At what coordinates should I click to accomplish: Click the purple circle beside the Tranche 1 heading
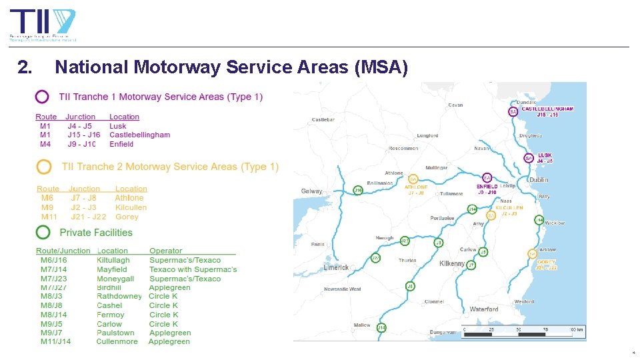42,97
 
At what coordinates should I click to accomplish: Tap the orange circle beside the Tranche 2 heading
44,166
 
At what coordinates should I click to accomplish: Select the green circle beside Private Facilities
43,232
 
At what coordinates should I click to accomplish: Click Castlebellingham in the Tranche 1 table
139,135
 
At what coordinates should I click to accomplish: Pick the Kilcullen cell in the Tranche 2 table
131,207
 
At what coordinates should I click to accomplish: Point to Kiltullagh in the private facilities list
113,260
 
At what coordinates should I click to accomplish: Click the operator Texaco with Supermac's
193,269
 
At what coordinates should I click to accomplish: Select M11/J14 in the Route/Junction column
53,341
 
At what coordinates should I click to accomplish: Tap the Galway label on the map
311,191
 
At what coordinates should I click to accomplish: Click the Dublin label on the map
538,180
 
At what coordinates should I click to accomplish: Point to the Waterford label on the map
484,309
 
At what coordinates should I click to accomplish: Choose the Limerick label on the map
336,268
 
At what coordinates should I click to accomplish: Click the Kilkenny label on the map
452,264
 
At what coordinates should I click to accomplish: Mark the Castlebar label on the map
323,120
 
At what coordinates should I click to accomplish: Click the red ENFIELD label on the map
487,187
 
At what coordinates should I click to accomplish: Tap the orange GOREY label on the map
546,263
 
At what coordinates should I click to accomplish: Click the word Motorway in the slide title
183,67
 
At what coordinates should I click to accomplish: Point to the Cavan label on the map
455,105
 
